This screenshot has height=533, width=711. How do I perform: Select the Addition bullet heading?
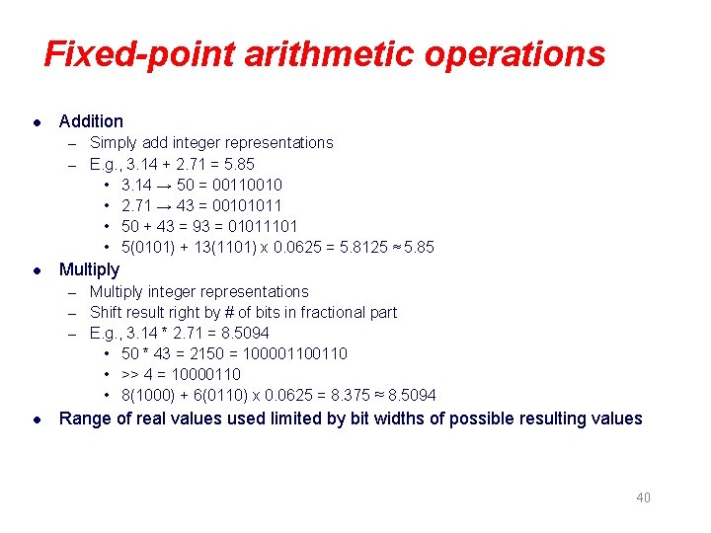coord(91,121)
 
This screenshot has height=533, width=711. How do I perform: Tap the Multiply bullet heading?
coord(89,269)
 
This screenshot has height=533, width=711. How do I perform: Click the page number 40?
coord(643,497)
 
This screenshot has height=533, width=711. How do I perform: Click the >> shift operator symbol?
coord(130,374)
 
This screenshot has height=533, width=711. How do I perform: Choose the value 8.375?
coord(353,395)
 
